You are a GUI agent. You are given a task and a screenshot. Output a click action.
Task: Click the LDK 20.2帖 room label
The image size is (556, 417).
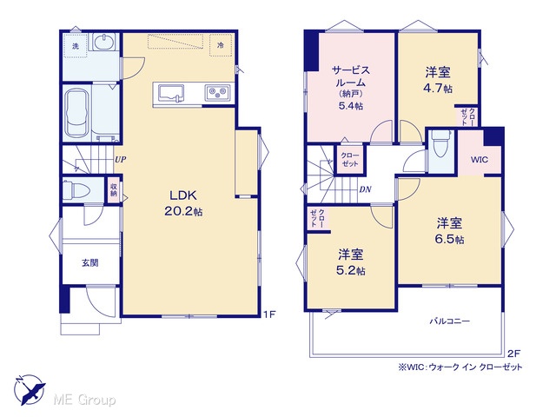[183, 203]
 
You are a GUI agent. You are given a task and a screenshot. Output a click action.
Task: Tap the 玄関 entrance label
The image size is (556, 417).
[90, 263]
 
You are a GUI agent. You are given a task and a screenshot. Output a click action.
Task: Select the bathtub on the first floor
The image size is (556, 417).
[76, 113]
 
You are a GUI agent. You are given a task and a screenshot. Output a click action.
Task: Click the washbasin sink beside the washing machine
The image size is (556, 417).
[104, 42]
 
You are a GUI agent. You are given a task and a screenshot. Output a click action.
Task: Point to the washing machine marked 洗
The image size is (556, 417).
[76, 46]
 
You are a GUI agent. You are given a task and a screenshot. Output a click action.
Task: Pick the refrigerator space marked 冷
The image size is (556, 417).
[221, 45]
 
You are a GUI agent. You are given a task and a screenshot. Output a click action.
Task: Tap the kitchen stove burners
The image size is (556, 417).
[217, 93]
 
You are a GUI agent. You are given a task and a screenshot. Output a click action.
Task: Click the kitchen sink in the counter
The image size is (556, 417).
[171, 93]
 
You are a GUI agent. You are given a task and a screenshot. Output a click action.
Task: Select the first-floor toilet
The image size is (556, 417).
[76, 190]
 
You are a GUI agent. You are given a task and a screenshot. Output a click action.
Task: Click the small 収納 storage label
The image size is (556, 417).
[114, 190]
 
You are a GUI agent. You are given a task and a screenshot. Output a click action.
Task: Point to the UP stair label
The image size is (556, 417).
[120, 160]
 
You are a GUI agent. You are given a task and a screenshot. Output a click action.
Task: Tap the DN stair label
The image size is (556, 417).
[365, 189]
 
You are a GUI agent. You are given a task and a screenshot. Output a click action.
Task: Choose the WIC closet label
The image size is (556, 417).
[480, 160]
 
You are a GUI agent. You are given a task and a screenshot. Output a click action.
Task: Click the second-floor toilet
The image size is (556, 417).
[440, 143]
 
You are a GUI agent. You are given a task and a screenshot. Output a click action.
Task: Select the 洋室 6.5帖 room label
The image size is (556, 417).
[449, 231]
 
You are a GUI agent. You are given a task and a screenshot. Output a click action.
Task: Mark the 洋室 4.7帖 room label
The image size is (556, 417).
[438, 80]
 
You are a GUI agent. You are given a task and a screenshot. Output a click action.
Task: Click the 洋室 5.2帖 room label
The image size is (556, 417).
[351, 262]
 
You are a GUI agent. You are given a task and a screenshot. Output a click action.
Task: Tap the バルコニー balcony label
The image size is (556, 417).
[450, 321]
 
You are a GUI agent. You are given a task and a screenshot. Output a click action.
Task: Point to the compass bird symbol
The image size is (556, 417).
[30, 389]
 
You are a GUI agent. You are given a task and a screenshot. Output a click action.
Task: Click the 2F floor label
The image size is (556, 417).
[513, 354]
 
